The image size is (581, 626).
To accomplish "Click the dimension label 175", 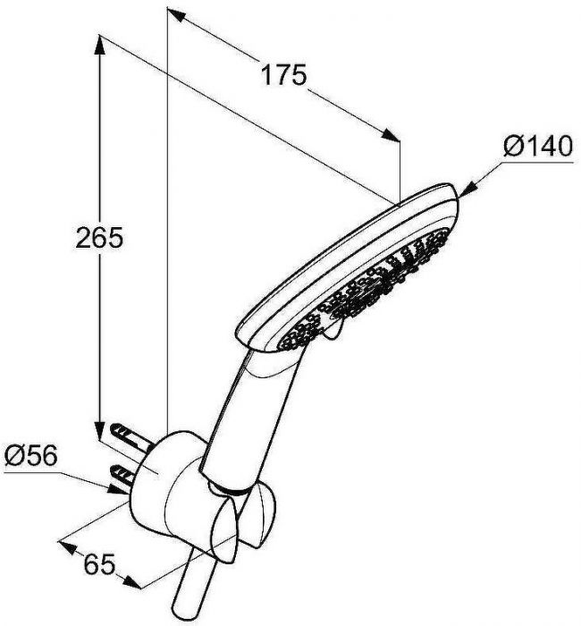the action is tap(283, 74).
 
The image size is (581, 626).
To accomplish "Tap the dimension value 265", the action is tap(99, 238).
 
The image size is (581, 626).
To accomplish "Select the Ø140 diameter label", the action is tap(537, 146).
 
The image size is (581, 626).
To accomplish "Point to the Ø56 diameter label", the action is tap(30, 455).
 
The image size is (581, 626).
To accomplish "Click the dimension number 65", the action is tap(100, 564).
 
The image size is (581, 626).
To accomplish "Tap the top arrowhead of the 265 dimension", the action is tap(99, 45).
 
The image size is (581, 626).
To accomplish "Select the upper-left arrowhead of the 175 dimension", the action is tap(176, 15).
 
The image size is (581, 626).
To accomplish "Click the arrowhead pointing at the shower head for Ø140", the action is tap(468, 190).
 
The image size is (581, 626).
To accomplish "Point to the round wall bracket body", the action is tap(168, 483).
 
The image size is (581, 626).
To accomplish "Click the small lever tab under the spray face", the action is tap(334, 332).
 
